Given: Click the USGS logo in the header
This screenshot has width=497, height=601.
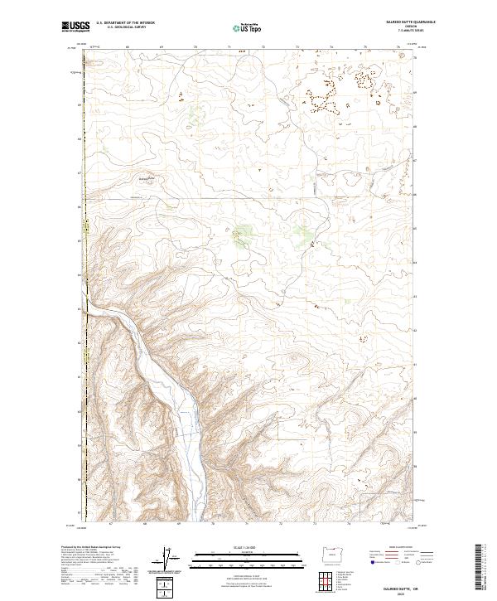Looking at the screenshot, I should coord(75,27).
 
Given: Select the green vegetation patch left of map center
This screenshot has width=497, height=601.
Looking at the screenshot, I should coord(243,236).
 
